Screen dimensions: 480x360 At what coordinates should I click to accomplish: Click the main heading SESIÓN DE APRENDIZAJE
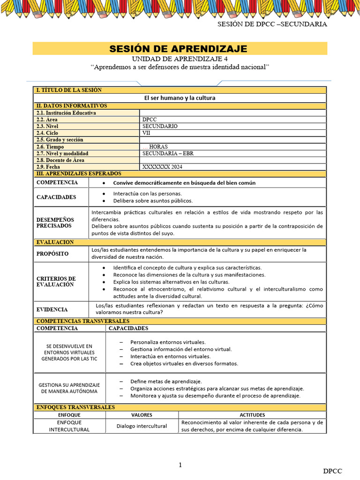pyautogui.click(x=178, y=49)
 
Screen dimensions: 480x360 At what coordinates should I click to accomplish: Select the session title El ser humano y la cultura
pyautogui.click(x=179, y=98)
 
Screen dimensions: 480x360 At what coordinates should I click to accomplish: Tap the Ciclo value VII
pyautogui.click(x=146, y=133)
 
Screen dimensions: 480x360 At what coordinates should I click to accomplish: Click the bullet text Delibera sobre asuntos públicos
pyautogui.click(x=153, y=201)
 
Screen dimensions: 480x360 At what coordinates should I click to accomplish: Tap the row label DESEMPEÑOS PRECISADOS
pyautogui.click(x=55, y=223)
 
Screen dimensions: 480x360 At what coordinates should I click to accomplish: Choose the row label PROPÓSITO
pyautogui.click(x=52, y=254)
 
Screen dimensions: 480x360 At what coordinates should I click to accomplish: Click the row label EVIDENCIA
pyautogui.click(x=52, y=309)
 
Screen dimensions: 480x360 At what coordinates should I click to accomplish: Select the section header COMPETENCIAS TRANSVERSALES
pyautogui.click(x=82, y=321)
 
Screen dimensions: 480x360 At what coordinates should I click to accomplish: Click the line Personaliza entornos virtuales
pyautogui.click(x=168, y=342)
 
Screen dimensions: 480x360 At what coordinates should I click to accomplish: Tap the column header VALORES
pyautogui.click(x=142, y=415)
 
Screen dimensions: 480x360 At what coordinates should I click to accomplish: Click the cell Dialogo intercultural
pyautogui.click(x=142, y=426)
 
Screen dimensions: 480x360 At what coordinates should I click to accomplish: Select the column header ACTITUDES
pyautogui.click(x=252, y=415)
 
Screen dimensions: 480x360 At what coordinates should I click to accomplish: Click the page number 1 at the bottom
pyautogui.click(x=180, y=465)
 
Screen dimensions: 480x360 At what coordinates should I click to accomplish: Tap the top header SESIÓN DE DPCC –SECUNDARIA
pyautogui.click(x=272, y=24)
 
